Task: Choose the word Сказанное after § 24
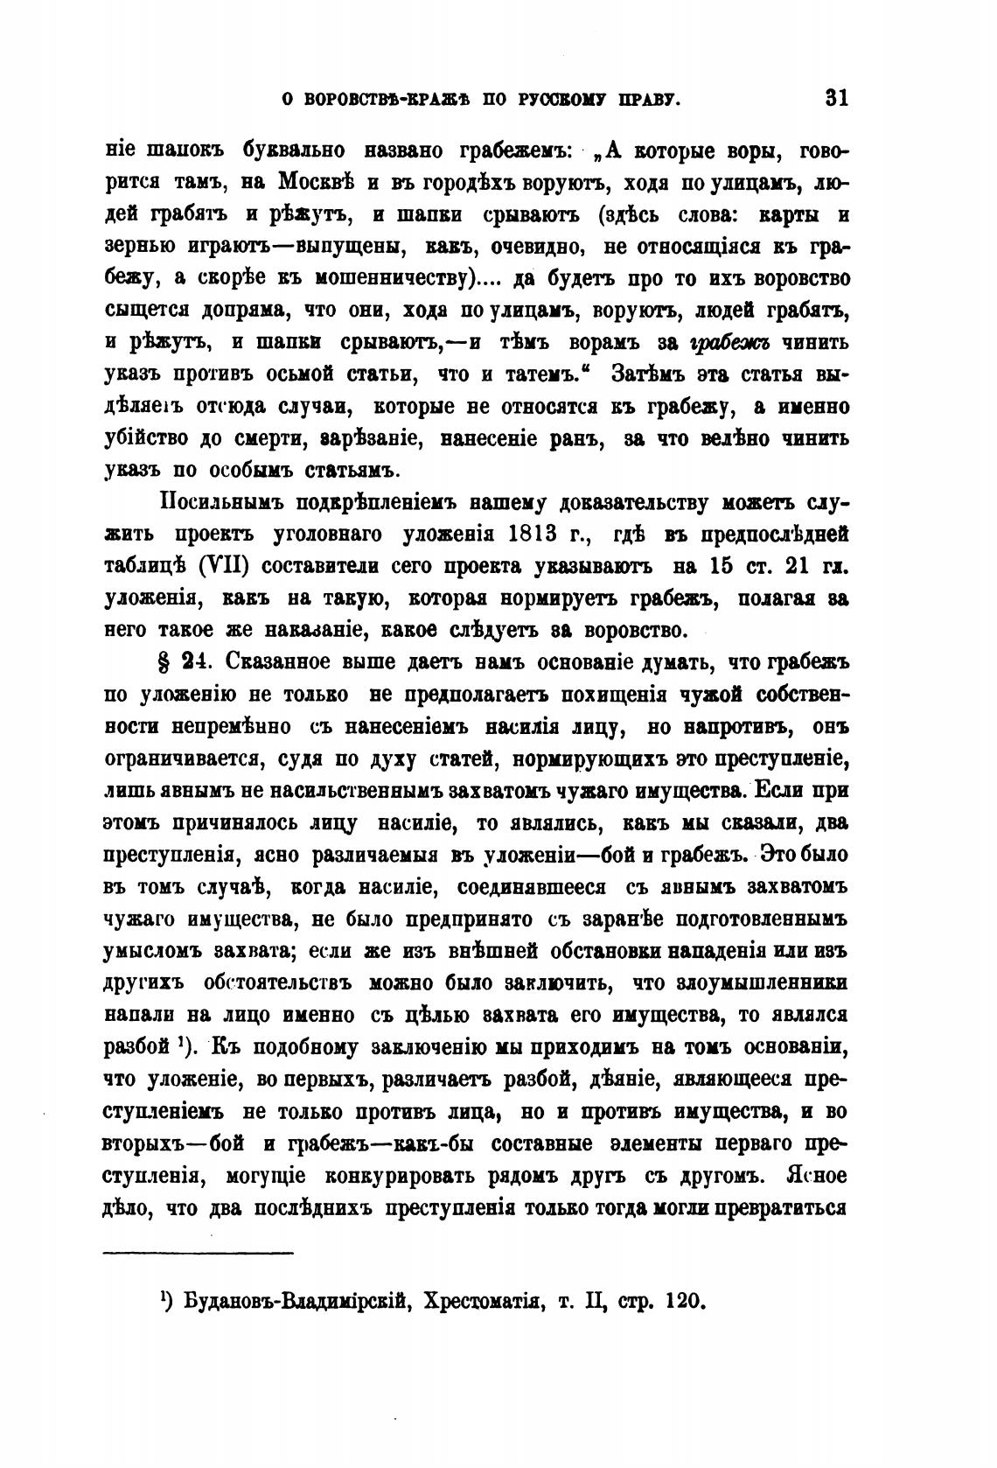pos(288,663)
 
